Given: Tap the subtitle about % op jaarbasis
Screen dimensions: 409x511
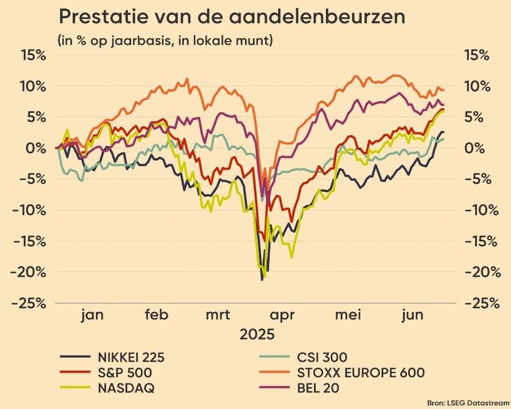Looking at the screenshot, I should [166, 41].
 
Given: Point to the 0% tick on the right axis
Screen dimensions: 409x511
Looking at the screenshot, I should [474, 148].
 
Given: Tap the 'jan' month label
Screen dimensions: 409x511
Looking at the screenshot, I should [93, 315].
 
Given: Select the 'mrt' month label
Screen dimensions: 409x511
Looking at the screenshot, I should [218, 315].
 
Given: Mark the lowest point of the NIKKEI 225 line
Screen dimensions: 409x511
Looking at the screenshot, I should [262, 280].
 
